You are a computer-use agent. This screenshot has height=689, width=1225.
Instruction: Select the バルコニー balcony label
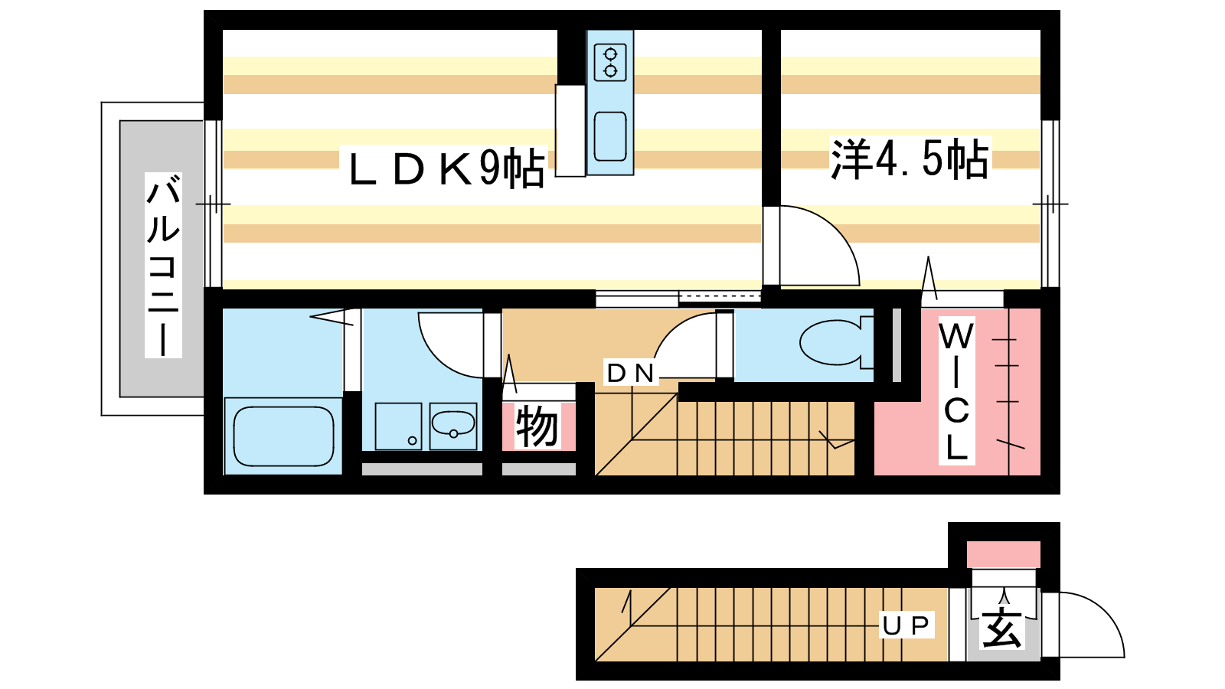163,265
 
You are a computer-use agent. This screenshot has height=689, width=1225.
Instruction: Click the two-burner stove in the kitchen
610,63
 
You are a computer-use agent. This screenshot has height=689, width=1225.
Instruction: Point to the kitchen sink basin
610,137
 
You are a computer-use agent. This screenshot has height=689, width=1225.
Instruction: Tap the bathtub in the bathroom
283,436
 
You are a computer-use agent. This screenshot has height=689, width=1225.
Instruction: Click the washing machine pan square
398,426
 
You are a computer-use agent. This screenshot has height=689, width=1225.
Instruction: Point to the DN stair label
631,373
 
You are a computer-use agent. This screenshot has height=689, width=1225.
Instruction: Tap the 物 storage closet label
537,426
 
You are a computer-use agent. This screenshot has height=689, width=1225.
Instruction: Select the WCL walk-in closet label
956,391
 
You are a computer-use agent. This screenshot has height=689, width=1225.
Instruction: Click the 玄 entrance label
1001,629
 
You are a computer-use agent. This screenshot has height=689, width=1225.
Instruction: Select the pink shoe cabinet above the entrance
1004,554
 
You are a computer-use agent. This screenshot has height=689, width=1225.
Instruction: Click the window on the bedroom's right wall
1050,204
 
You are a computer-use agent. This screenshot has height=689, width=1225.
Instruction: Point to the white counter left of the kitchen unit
570,131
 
